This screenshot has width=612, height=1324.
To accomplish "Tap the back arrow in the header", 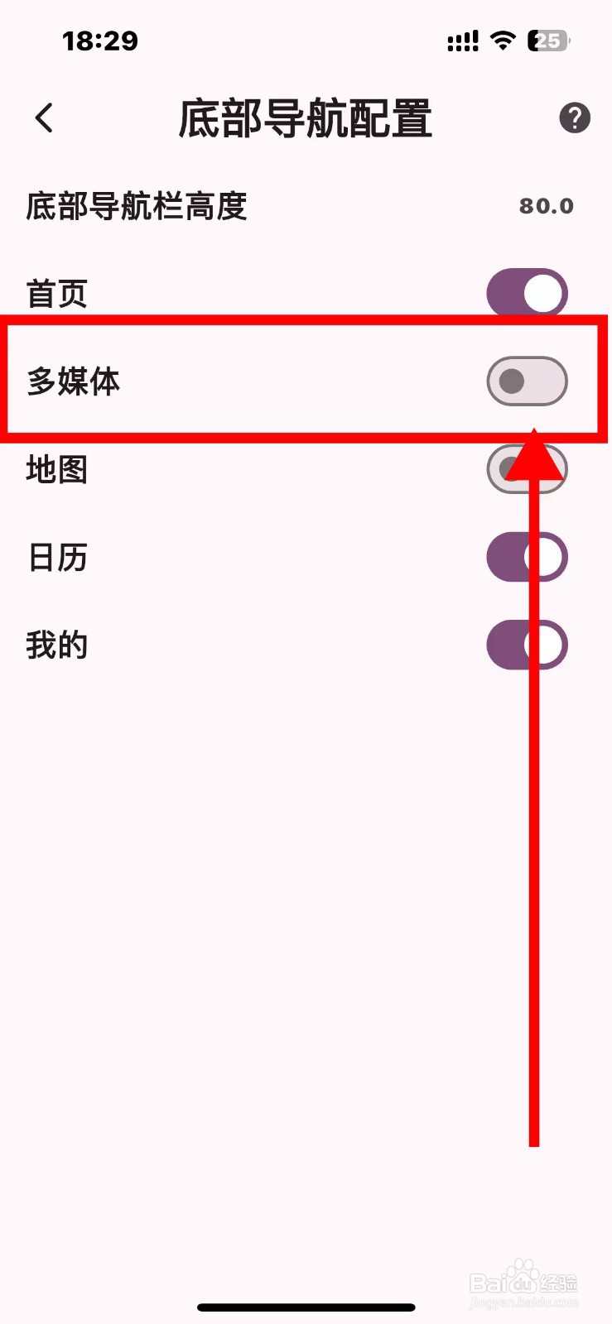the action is tap(45, 118).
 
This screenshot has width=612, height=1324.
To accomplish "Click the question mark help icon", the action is tap(575, 118).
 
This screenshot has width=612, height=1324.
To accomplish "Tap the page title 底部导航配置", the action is tap(306, 118).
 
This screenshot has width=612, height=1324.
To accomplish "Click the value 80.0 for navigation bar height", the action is tap(546, 206).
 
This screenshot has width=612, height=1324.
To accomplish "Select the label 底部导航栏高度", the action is tap(137, 206).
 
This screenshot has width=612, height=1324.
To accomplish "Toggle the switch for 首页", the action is tap(527, 293).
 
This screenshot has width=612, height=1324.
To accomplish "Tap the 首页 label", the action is tap(56, 294).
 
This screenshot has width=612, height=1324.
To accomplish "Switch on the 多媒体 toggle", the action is tap(527, 381).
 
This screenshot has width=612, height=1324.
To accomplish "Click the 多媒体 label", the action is tap(74, 381).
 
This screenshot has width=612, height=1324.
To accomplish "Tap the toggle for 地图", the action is tap(527, 469).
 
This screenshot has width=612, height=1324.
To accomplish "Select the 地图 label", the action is tap(56, 469).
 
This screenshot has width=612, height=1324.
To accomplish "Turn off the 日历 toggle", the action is tap(527, 557).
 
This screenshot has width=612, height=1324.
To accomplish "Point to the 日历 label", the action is tap(57, 558).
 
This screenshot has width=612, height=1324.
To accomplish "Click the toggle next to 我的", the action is tap(527, 645).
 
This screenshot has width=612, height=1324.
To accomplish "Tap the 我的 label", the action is tap(56, 645).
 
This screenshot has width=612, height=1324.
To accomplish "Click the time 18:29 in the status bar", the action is tap(100, 41).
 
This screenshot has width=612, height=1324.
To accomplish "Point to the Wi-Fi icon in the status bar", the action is tap(503, 40).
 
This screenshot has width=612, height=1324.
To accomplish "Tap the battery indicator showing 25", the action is tap(548, 41).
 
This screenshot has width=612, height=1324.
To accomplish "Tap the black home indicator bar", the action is tap(306, 1307).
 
